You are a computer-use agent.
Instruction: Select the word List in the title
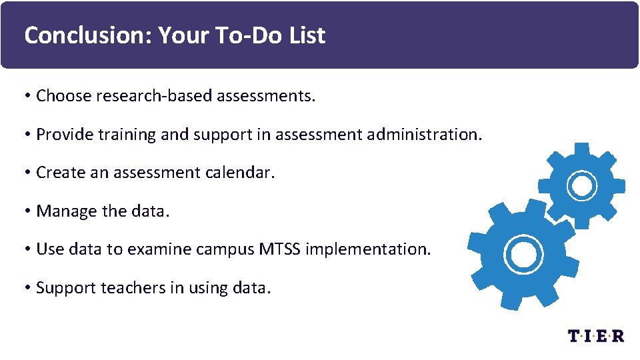coord(307,35)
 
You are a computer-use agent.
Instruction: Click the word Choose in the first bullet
coord(63,96)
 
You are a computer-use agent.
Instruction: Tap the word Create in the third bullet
coord(60,173)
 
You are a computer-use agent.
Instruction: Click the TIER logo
coord(595,335)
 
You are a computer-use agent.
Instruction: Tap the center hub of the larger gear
coord(519,253)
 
